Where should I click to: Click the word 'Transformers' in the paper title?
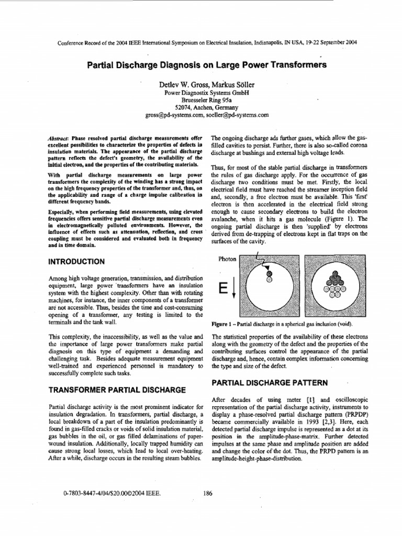[296, 65]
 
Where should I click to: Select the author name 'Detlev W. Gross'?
[178, 84]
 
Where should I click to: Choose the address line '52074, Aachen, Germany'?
[200, 106]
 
